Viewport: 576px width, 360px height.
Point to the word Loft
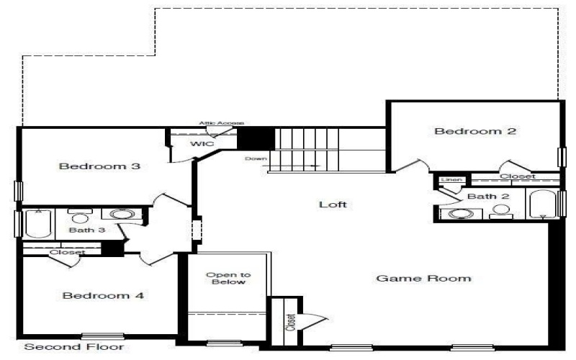333,204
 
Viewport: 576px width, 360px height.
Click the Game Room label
423,279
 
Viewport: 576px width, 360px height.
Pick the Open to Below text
228,278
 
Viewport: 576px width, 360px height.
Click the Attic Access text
222,124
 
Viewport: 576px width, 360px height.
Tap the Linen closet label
451,179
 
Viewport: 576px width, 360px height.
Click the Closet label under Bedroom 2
517,176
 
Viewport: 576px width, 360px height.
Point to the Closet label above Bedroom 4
67,253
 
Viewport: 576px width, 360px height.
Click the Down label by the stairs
256,158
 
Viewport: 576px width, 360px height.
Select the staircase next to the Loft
328,150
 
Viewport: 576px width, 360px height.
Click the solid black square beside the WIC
256,138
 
